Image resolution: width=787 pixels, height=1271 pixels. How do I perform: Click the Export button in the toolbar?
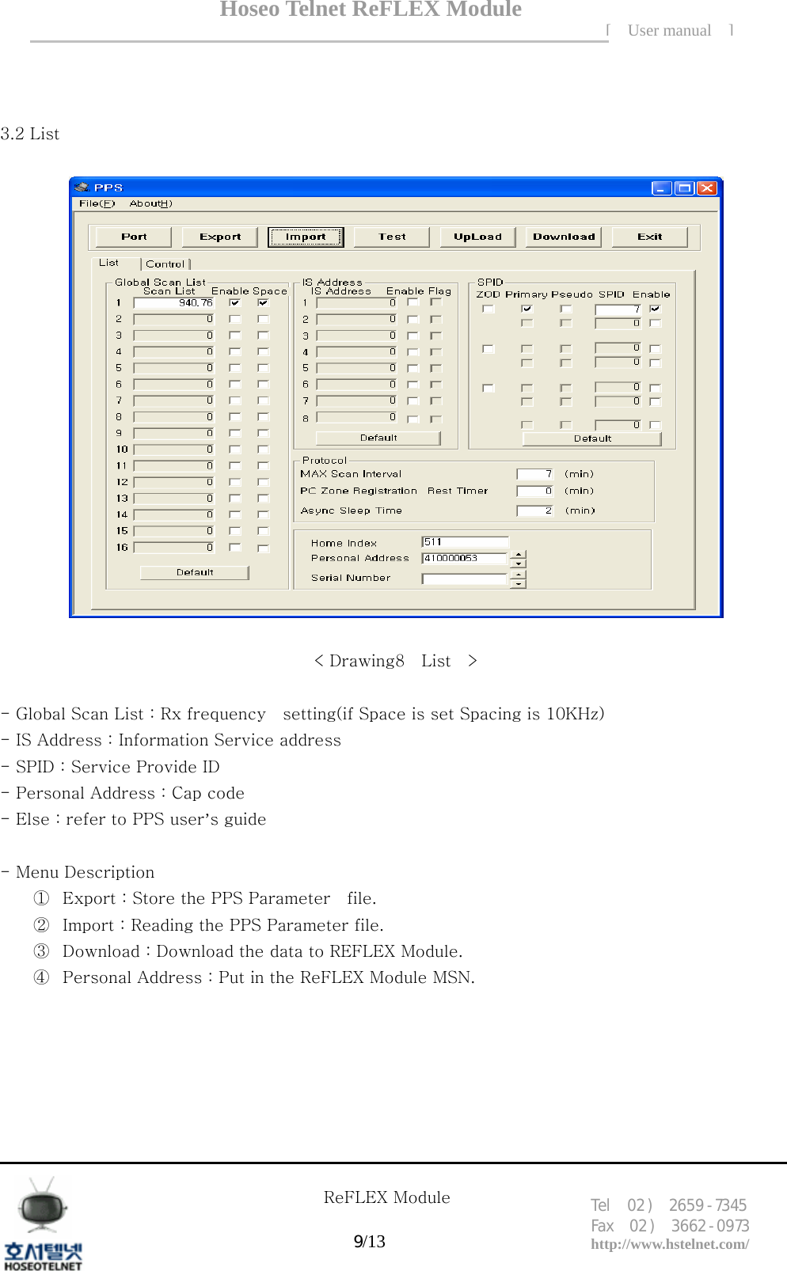pos(220,237)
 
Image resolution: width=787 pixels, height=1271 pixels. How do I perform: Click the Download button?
pos(563,237)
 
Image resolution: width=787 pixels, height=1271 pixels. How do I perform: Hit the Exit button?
pos(649,237)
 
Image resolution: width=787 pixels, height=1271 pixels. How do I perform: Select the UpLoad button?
pos(477,237)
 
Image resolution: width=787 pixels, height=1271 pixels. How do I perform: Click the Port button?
pos(134,237)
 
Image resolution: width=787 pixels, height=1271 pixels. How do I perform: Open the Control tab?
pos(165,264)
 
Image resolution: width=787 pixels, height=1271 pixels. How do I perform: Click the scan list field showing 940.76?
pos(174,303)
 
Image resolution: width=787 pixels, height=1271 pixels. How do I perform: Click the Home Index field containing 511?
pos(465,542)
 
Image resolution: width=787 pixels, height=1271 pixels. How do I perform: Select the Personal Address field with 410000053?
pos(464,558)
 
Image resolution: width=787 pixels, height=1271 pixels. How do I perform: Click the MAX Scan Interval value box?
pos(535,474)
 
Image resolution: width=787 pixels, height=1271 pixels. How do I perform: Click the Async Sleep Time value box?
pos(535,510)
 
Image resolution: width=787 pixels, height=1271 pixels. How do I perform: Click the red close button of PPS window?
pos(706,188)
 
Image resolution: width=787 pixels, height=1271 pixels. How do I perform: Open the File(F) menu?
pos(97,203)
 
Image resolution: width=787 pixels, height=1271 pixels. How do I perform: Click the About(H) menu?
pos(150,203)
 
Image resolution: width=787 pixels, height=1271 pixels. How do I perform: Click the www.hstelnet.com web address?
pos(670,1244)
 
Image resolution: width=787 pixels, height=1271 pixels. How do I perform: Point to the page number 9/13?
pos(369,1241)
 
